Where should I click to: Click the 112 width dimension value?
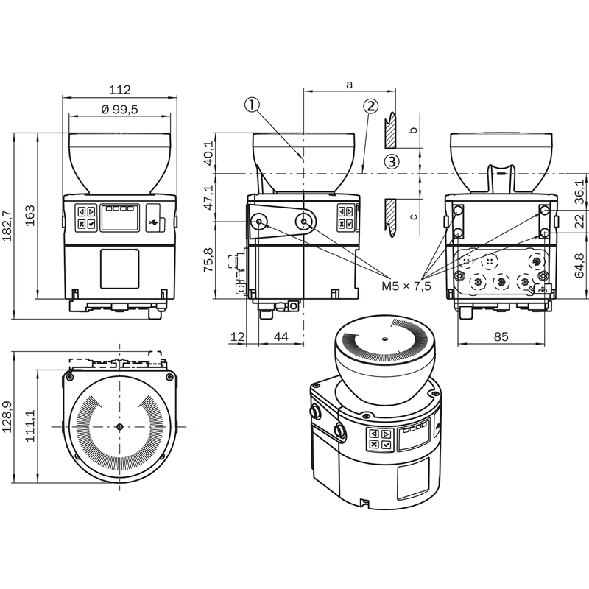coord(119,90)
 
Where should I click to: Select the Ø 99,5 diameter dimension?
coord(119,109)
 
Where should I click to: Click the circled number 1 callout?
coord(252,105)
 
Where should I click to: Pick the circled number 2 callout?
coord(370,106)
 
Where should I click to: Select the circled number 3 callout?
coord(392,162)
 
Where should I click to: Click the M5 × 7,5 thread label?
coord(406,286)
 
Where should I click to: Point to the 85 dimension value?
coord(501,336)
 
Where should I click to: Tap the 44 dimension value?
coord(281,336)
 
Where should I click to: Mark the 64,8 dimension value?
coord(580,266)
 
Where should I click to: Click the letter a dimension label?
coord(349,85)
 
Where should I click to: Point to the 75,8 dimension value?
coord(208,260)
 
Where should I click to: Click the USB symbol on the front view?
coord(154,223)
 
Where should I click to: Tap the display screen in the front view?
coord(119,217)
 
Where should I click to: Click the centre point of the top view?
coord(119,427)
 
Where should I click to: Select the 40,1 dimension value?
coord(208,153)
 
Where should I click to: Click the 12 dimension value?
coord(237,336)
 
